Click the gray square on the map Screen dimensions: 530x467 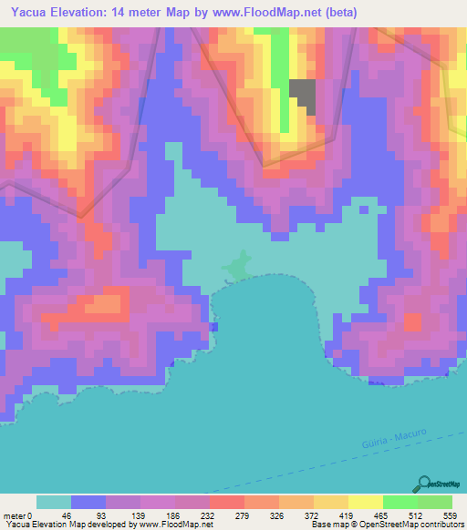point(303,97)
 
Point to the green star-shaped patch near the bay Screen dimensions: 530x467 point(239,267)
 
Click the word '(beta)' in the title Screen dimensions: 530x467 point(338,13)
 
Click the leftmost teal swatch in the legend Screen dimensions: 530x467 point(54,502)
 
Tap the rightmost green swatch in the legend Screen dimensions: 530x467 point(435,502)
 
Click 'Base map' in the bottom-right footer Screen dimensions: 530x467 point(326,525)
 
